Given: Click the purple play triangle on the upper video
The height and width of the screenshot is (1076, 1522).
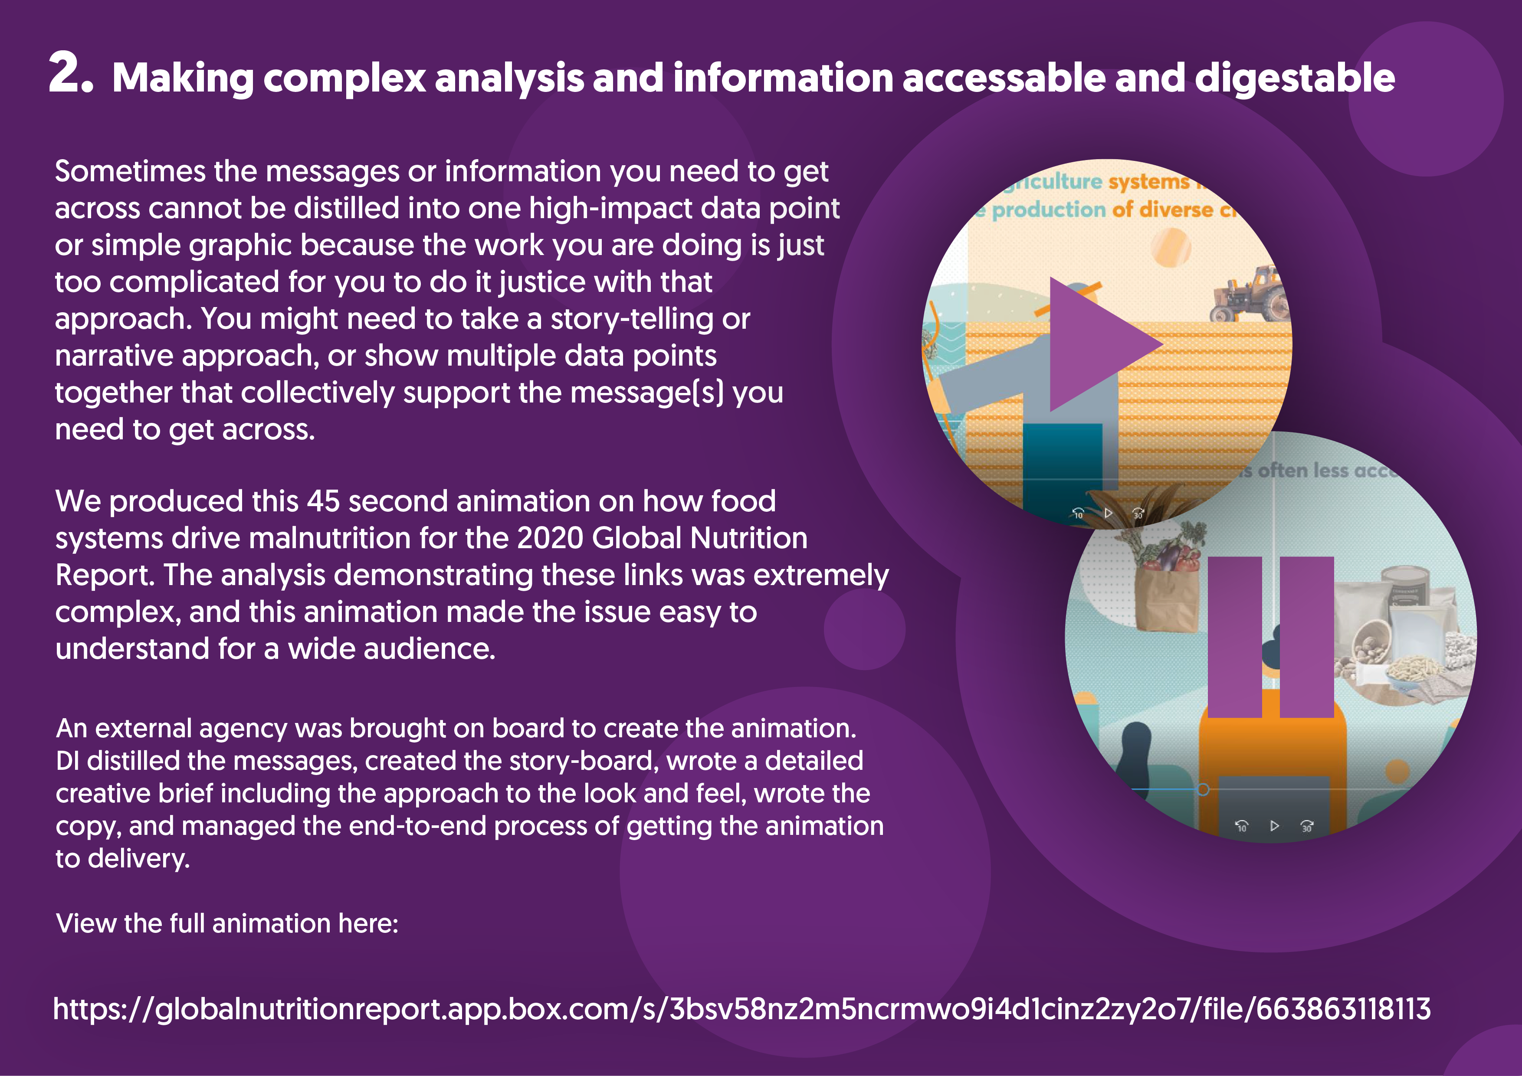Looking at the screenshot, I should (1094, 344).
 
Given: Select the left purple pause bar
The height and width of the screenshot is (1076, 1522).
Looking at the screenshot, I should (1234, 637).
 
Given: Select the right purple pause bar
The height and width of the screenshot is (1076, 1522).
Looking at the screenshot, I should (1306, 637).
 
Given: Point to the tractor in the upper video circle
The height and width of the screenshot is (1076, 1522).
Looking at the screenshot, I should (1250, 295).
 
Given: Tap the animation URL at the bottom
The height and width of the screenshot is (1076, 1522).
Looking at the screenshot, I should (741, 1008).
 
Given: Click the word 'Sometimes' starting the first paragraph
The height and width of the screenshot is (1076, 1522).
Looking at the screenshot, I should (130, 172).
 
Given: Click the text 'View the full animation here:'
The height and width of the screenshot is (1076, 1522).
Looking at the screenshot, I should (227, 923).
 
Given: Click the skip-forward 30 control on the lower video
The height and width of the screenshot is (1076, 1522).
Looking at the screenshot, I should (1306, 826).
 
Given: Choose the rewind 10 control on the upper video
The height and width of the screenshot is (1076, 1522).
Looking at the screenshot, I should (1078, 513).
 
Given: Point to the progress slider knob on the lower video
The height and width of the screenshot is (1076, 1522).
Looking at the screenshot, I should (1203, 789).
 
